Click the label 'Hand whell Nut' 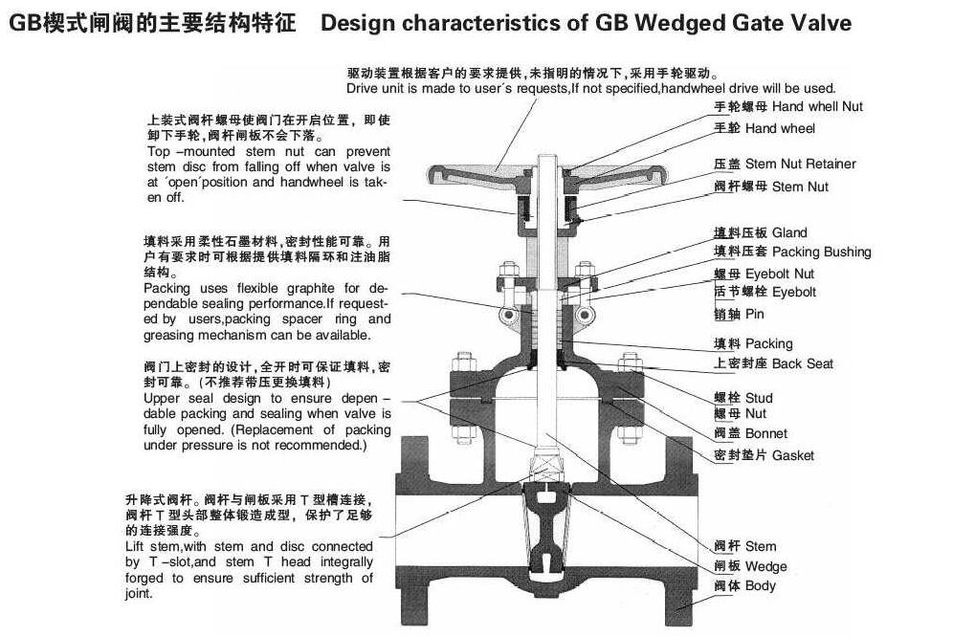[x=817, y=106]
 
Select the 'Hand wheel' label [x=780, y=128]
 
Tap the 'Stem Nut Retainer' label [x=800, y=164]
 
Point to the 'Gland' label [x=789, y=232]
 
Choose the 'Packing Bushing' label [x=821, y=253]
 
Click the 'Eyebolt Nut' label [x=793, y=275]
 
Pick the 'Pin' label [x=755, y=314]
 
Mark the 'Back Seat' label [x=802, y=363]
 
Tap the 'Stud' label [x=758, y=397]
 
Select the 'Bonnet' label [x=765, y=434]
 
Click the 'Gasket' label [x=792, y=455]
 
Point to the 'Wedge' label [x=765, y=566]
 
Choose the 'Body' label [x=760, y=585]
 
